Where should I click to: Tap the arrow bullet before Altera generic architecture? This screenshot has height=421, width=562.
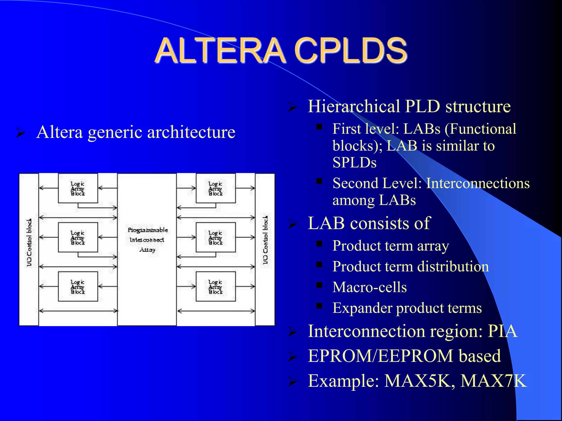21,133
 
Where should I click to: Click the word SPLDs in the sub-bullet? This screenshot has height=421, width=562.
354,163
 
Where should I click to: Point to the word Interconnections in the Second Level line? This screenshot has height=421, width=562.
477,183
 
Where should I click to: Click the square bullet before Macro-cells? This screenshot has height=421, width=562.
319,285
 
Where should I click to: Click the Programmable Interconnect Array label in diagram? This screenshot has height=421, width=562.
147,240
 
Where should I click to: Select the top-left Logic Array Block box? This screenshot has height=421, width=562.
78,188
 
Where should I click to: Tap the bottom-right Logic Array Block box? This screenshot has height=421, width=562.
216,286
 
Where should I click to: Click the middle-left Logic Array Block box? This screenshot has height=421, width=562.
78,237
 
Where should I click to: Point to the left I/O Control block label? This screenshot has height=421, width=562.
29,243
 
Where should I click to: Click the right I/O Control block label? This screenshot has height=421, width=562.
265,240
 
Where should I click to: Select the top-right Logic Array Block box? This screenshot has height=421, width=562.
216,188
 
